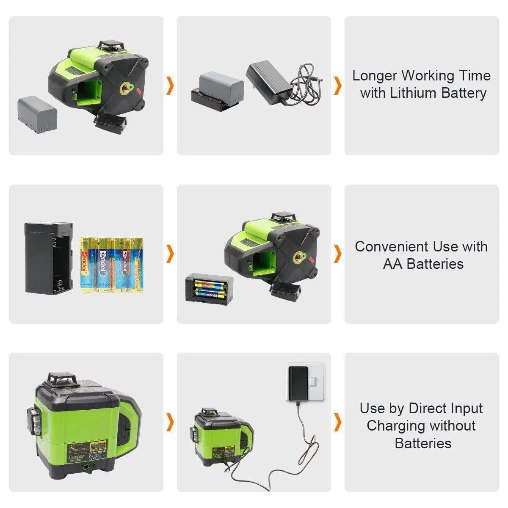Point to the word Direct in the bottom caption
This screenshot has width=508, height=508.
(x=427, y=409)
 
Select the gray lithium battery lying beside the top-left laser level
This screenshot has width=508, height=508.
(x=37, y=114)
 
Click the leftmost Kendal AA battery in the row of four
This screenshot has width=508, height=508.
(x=89, y=265)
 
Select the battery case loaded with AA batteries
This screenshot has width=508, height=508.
(x=209, y=288)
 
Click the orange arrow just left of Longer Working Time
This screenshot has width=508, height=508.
(x=337, y=86)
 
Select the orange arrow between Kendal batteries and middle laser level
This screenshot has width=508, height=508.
(x=170, y=254)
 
